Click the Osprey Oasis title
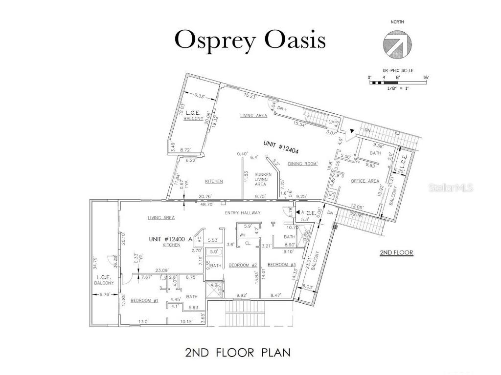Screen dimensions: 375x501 click(250, 41)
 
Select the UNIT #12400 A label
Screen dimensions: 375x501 click(171, 239)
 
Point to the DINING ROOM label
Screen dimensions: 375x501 click(302, 164)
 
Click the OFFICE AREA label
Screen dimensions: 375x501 click(365, 181)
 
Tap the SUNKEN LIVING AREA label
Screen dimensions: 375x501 click(260, 179)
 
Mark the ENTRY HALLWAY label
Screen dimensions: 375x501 click(242, 213)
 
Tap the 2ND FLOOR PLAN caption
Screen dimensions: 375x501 click(237, 353)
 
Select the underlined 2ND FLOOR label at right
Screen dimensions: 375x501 click(396, 252)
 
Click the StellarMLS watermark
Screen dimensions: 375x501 click(451, 187)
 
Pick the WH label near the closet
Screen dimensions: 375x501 click(242, 235)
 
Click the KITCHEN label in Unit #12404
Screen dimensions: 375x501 click(214, 181)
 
